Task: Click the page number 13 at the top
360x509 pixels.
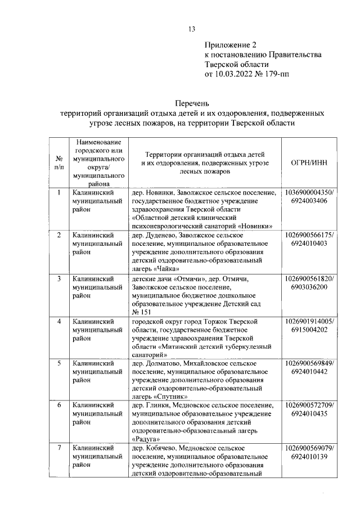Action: [191, 30]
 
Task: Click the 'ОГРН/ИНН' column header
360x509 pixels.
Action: [309, 163]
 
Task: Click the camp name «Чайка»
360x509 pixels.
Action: [163, 269]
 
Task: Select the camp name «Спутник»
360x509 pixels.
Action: [166, 396]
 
